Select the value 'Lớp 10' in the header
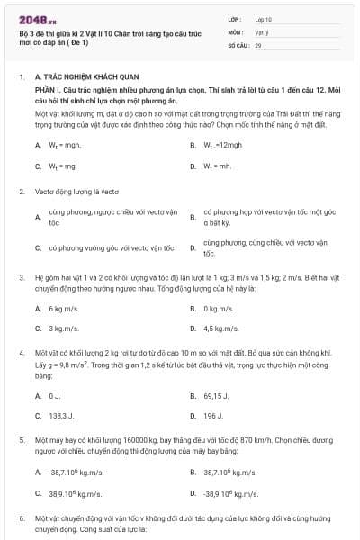264,18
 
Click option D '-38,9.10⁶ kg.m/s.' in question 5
231,493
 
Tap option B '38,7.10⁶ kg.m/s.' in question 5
229,472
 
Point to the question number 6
22,519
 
